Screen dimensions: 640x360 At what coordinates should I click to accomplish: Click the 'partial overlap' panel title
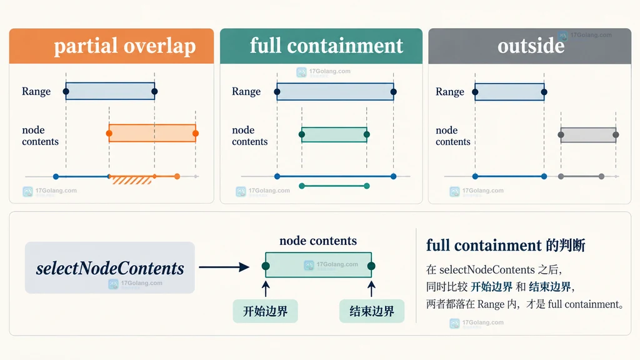(x=125, y=46)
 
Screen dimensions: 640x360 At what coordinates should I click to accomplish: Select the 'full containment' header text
(x=326, y=45)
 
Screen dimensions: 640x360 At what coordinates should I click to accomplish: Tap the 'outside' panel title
(x=531, y=45)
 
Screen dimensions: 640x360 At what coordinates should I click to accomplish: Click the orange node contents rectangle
(x=152, y=133)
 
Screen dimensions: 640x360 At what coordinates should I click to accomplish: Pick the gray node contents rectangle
(x=588, y=135)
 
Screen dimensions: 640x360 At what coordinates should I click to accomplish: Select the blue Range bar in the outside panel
(x=509, y=92)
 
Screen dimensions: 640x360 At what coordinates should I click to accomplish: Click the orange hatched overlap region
(x=131, y=180)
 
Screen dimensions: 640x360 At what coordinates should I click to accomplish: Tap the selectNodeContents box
(x=110, y=267)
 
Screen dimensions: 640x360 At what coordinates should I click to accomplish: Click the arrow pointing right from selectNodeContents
(x=224, y=267)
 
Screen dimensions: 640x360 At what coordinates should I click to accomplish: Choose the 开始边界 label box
(x=265, y=311)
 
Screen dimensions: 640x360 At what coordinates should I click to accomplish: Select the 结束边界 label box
(x=372, y=311)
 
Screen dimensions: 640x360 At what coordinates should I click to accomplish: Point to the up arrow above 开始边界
(x=266, y=288)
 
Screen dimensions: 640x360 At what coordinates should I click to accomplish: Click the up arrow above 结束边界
(x=371, y=288)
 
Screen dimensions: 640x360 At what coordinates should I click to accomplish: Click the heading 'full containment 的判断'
(x=506, y=245)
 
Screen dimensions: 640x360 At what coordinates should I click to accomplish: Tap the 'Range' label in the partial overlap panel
(x=36, y=91)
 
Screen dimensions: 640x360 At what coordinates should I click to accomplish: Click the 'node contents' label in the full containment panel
(x=250, y=136)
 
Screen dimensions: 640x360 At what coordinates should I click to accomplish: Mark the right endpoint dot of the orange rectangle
(x=196, y=134)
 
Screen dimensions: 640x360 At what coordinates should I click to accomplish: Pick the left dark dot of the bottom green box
(x=266, y=266)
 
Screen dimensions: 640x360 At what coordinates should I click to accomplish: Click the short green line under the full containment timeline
(x=334, y=186)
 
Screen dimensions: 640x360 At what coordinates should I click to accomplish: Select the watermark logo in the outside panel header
(x=563, y=36)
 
